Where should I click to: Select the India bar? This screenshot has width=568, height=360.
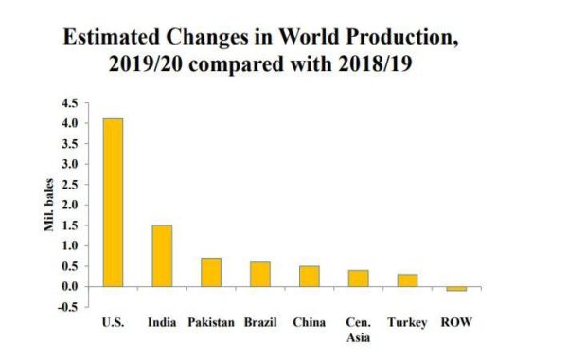click(162, 255)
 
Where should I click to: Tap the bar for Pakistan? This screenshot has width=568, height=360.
click(211, 271)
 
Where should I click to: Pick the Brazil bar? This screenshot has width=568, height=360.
click(260, 274)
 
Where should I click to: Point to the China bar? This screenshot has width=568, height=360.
click(310, 276)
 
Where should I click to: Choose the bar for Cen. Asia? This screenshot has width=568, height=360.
click(359, 278)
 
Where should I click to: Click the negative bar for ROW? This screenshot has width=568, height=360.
click(457, 288)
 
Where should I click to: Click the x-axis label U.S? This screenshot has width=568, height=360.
click(113, 323)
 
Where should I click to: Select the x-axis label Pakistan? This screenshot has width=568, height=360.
click(211, 323)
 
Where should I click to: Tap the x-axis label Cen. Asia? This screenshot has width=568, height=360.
click(359, 330)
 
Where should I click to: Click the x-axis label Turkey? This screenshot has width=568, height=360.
click(408, 323)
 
